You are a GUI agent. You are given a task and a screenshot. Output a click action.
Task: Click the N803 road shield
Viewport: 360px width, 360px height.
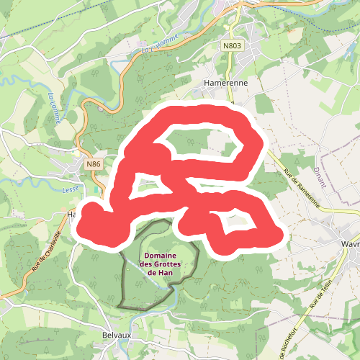232,45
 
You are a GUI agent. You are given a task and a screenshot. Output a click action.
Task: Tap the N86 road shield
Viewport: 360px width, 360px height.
93,164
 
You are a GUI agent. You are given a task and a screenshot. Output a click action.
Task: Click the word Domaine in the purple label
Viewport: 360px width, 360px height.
162,256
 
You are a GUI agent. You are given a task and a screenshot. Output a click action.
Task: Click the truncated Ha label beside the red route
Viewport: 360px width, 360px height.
72,215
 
